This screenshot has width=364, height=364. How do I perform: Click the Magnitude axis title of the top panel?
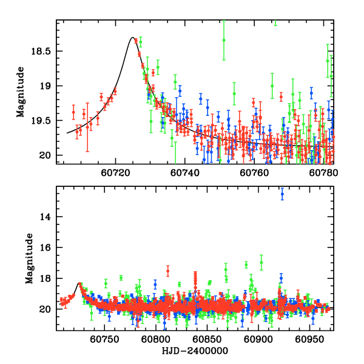(x=21, y=92)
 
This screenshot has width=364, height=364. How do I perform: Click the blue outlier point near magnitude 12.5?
(x=281, y=194)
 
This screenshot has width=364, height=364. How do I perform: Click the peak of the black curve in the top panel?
(x=132, y=38)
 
